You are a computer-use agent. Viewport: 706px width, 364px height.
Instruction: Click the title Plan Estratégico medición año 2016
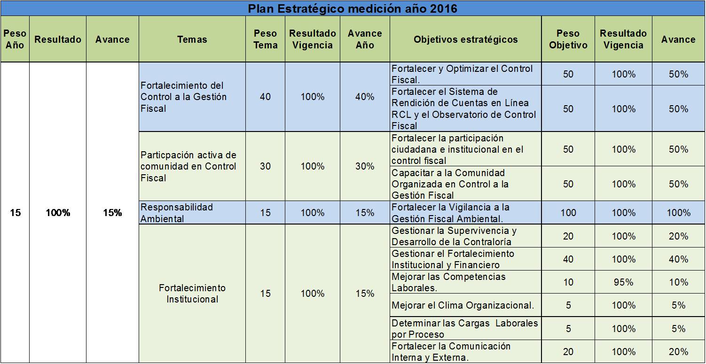pyautogui.click(x=353, y=8)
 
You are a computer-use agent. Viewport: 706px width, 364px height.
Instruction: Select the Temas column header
pyautogui.click(x=192, y=39)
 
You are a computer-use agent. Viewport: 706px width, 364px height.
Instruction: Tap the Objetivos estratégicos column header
pyautogui.click(x=465, y=39)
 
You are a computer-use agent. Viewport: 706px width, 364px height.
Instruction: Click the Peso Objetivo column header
pyautogui.click(x=568, y=39)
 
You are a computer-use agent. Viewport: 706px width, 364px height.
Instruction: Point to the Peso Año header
pyautogui.click(x=15, y=39)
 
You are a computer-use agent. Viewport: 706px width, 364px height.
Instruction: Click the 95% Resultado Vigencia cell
pyautogui.click(x=623, y=282)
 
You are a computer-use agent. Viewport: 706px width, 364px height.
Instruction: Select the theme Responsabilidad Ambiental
pyautogui.click(x=177, y=213)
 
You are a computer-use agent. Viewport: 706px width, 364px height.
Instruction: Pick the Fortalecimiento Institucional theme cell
pyautogui.click(x=192, y=294)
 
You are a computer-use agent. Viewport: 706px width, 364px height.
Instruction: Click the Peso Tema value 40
pyautogui.click(x=265, y=97)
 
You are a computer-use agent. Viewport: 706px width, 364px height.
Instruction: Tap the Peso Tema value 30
pyautogui.click(x=265, y=166)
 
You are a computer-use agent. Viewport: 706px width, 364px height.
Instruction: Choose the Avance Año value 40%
pyautogui.click(x=365, y=97)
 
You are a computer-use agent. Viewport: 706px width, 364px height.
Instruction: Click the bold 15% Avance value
pyautogui.click(x=112, y=213)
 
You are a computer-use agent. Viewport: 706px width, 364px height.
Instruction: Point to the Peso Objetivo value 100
pyautogui.click(x=568, y=213)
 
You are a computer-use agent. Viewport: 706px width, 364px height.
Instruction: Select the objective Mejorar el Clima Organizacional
pyautogui.click(x=463, y=305)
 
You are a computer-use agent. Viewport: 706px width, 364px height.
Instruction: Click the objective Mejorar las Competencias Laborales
pyautogui.click(x=448, y=282)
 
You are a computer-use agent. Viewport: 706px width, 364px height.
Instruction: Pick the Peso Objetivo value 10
pyautogui.click(x=568, y=282)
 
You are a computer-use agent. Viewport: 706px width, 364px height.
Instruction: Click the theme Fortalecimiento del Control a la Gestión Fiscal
pyautogui.click(x=183, y=97)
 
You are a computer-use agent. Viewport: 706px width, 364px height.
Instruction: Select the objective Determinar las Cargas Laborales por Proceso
pyautogui.click(x=464, y=329)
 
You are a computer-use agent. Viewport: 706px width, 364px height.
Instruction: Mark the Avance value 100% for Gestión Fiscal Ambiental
pyautogui.click(x=678, y=213)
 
